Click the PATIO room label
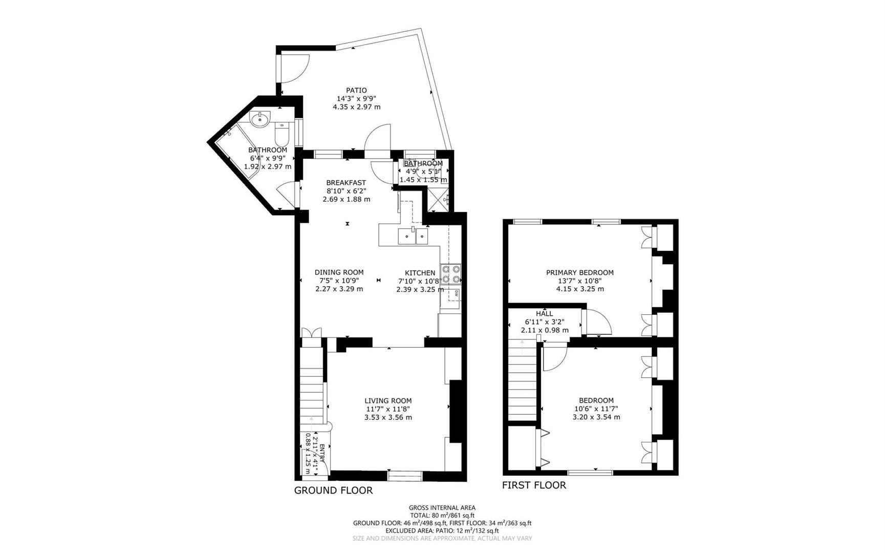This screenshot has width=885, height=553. click(356, 90)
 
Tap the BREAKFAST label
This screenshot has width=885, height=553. click(346, 182)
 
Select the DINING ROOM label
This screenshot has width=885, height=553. click(339, 272)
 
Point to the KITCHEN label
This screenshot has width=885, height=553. click(420, 273)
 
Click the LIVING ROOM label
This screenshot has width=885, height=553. click(388, 401)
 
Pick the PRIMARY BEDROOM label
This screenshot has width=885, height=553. click(580, 272)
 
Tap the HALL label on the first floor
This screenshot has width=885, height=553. click(545, 313)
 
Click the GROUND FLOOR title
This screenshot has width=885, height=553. click(333, 491)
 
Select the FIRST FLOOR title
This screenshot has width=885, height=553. click(534, 485)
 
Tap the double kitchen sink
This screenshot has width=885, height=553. click(413, 236)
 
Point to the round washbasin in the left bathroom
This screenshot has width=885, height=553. click(260, 120)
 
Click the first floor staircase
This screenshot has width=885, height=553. click(522, 381)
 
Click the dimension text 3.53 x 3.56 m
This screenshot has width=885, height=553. click(388, 417)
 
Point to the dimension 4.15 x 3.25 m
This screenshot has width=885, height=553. click(580, 289)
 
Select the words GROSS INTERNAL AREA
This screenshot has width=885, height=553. click(442, 508)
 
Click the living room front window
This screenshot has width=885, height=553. click(405, 476)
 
